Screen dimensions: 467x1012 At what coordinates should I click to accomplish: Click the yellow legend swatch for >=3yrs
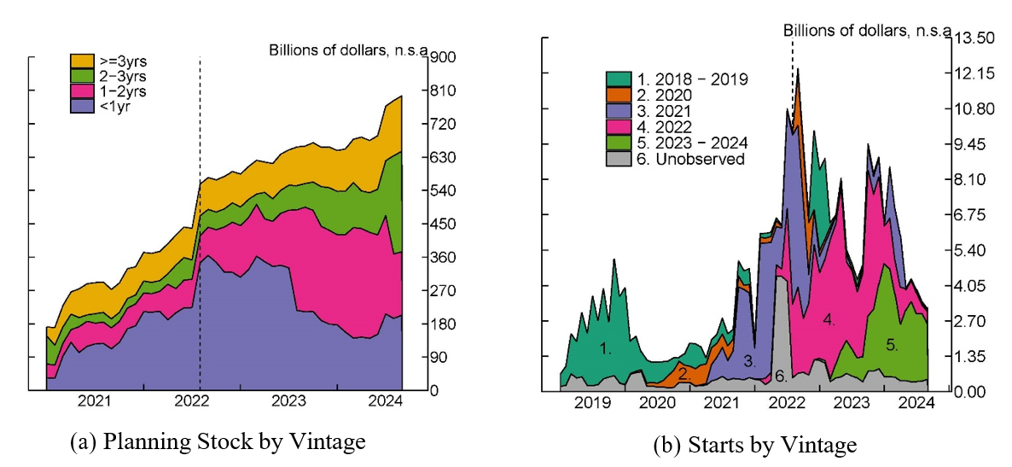(82, 61)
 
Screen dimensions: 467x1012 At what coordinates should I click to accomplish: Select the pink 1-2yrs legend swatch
(82, 91)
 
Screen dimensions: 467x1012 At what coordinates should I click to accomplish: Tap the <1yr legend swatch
(82, 107)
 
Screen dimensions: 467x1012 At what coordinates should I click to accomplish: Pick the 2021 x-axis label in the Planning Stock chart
(94, 402)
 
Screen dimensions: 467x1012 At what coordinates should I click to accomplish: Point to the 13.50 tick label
(974, 38)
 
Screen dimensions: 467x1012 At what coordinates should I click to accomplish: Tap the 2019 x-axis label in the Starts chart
(590, 402)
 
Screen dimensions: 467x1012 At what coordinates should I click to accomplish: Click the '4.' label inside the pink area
(829, 319)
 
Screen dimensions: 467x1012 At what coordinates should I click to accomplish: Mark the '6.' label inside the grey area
(779, 377)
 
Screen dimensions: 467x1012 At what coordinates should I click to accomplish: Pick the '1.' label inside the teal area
(606, 348)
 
